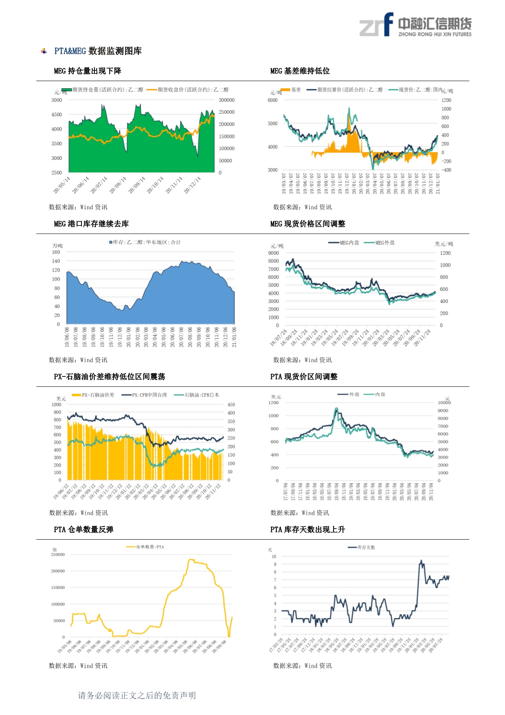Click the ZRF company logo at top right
[415, 25]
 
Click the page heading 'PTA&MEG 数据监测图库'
[98, 51]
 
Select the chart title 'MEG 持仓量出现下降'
[88, 71]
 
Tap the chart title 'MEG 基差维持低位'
[300, 71]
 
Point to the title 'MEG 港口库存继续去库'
[91, 224]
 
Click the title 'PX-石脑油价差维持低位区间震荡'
[109, 377]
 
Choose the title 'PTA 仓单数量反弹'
[83, 529]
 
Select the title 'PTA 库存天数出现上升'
[307, 529]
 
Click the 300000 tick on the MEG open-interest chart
[226, 100]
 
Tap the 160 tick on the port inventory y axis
[56, 252]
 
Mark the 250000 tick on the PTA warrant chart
[58, 555]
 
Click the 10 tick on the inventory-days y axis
[274, 557]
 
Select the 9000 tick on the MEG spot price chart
[274, 253]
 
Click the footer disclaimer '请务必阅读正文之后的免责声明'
[137, 695]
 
